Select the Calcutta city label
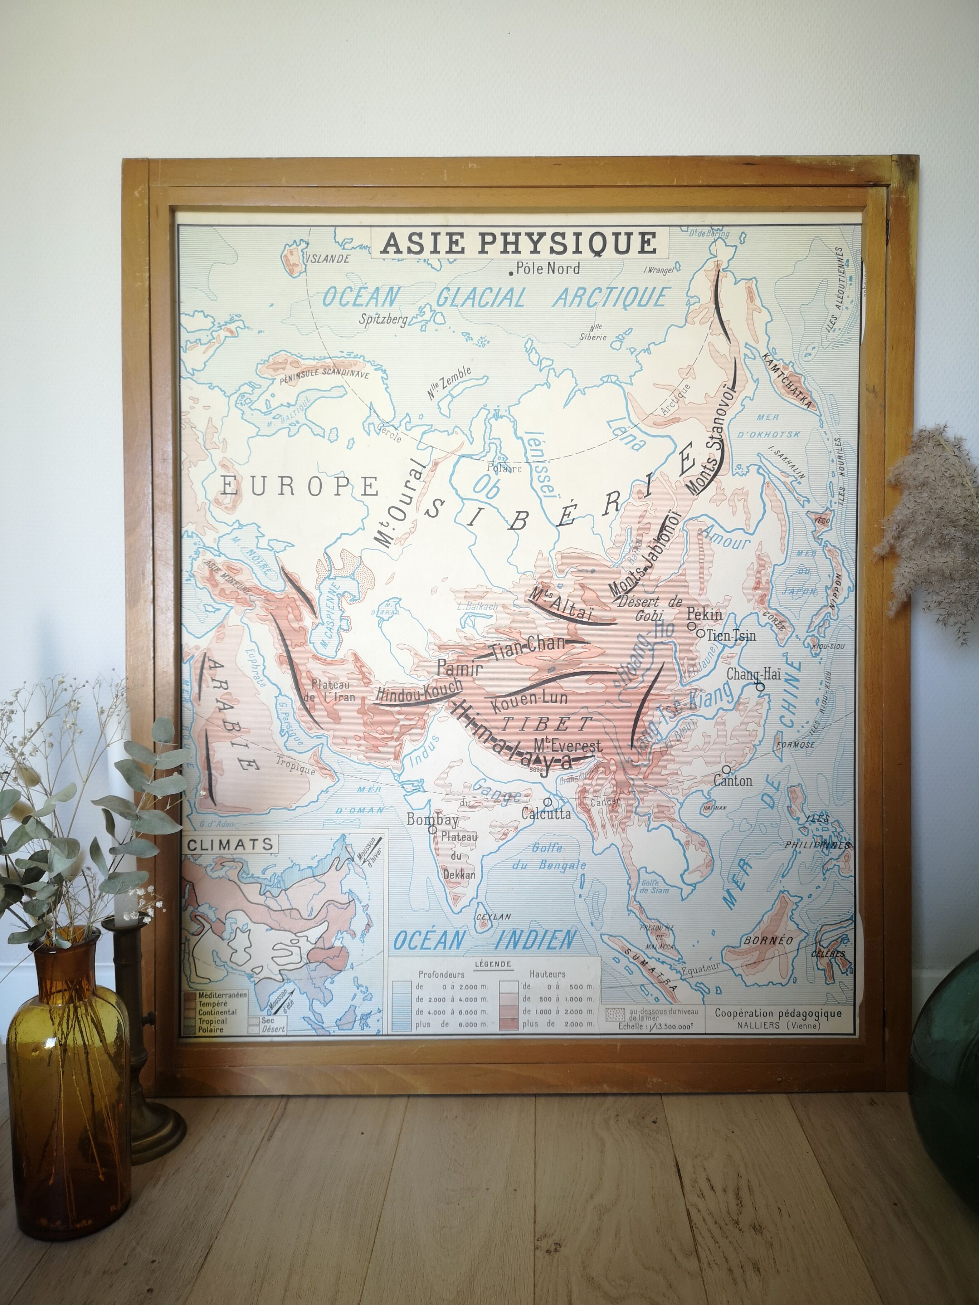click(x=546, y=814)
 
